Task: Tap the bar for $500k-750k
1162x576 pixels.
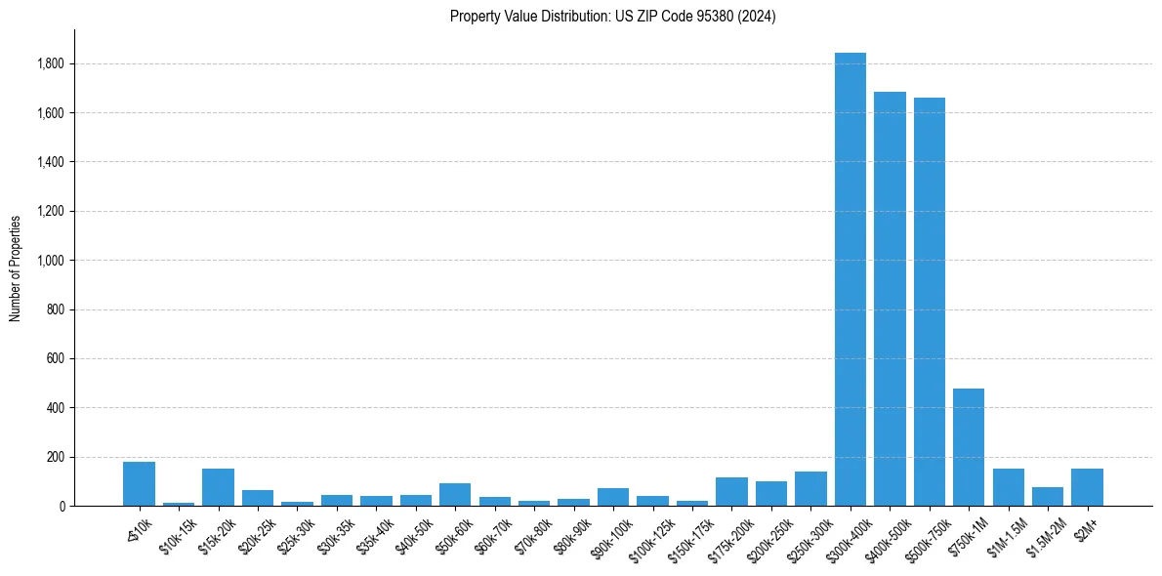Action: click(x=929, y=302)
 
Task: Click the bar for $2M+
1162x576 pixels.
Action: click(x=1087, y=487)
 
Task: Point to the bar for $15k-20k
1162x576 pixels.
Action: click(x=218, y=487)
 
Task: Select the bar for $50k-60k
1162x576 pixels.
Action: click(x=455, y=494)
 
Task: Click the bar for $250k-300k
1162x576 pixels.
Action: click(x=810, y=488)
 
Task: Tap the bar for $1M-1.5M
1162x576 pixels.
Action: click(x=1008, y=487)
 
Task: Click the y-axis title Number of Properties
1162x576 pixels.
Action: click(x=16, y=267)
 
